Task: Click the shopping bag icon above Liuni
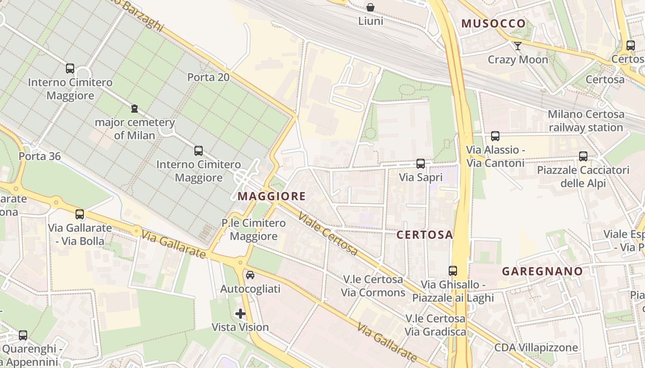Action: click(x=370, y=7)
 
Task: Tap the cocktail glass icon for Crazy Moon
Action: click(x=518, y=46)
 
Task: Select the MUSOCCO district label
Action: click(x=493, y=23)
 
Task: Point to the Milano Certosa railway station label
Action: click(x=586, y=121)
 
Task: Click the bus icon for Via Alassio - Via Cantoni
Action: click(x=495, y=136)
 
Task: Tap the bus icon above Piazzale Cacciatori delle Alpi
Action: click(x=583, y=156)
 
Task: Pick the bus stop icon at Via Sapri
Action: click(x=421, y=164)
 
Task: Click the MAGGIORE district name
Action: click(x=271, y=196)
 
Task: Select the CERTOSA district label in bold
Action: click(x=425, y=235)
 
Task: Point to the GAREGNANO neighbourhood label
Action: click(x=542, y=271)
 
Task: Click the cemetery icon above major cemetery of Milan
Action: click(x=135, y=109)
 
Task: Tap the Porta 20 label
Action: click(x=208, y=77)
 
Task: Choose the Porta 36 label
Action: click(x=40, y=156)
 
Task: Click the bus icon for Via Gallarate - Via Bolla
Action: click(x=80, y=214)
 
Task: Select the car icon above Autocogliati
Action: click(x=250, y=275)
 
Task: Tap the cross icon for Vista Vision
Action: click(x=240, y=314)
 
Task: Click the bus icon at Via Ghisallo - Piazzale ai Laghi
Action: click(x=453, y=271)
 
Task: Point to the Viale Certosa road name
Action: click(x=328, y=234)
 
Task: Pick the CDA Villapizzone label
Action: click(x=536, y=347)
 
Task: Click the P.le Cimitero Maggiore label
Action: click(x=253, y=230)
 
